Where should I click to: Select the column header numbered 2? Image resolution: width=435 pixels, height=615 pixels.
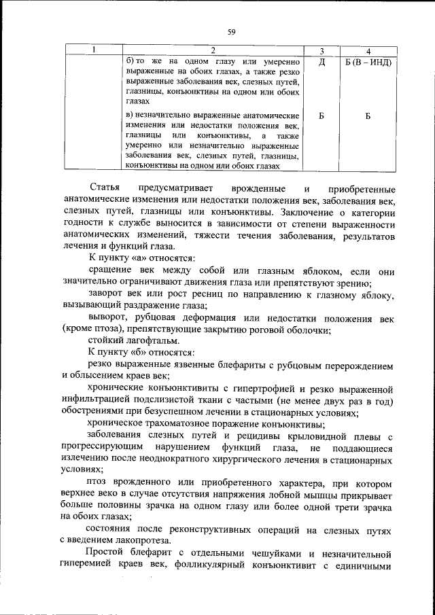[213, 51]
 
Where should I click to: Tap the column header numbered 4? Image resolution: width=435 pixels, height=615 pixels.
[367, 51]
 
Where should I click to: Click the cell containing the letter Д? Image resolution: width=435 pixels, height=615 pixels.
[321, 62]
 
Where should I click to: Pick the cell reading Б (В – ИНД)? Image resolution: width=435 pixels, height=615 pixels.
[367, 62]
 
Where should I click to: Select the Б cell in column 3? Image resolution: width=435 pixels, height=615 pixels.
[321, 116]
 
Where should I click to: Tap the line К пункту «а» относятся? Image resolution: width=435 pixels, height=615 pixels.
[141, 259]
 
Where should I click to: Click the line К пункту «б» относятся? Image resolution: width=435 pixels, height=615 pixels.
[141, 352]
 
